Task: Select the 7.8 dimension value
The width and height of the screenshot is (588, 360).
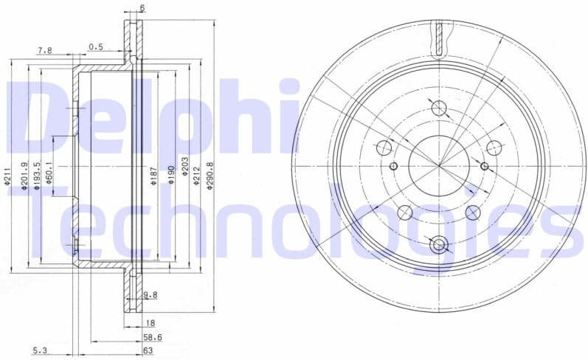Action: point(45,49)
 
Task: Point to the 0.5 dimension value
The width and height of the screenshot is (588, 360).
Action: point(96,46)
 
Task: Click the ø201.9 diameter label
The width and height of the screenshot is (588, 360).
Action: point(24,177)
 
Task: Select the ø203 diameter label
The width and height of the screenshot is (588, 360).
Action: point(184,167)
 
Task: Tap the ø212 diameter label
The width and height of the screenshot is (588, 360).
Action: point(196,174)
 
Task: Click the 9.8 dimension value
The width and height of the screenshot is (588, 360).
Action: point(151,294)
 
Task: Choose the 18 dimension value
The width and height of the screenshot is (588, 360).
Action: point(149,322)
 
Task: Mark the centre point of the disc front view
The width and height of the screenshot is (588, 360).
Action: point(440,165)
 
